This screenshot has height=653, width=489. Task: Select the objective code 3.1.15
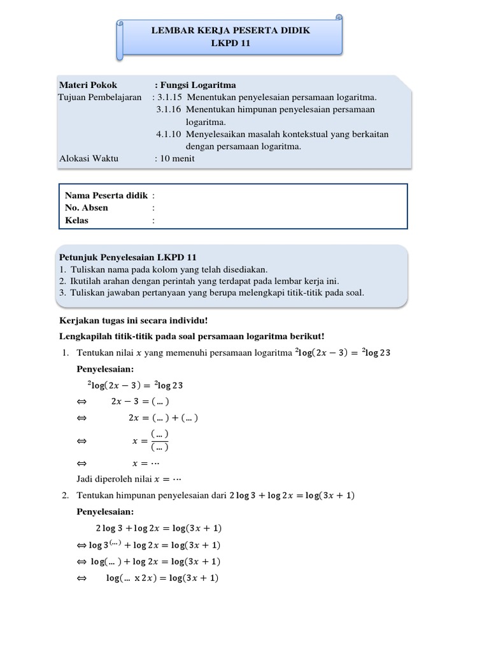pos(169,98)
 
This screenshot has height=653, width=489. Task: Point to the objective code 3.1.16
pos(169,110)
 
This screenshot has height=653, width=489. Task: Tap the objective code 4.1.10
pos(169,134)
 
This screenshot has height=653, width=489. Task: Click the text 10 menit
pos(177,159)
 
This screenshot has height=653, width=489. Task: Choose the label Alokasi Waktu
pos(89,159)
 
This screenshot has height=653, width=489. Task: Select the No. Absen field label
pos(87,207)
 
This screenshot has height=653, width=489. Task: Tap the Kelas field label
pos(77,220)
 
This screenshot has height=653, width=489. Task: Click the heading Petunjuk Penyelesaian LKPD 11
pos(127,258)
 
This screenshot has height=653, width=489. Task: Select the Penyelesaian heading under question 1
pos(106,369)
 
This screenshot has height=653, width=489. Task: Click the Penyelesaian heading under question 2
pos(106,511)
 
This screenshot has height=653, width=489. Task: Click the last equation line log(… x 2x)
pos(162,578)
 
